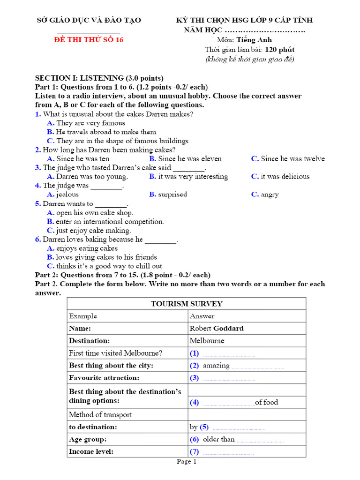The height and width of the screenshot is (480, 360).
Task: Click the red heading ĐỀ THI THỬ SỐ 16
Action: tap(89, 40)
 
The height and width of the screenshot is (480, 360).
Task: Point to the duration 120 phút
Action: tap(279, 49)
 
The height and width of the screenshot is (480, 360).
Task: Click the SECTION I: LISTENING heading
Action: tap(99, 78)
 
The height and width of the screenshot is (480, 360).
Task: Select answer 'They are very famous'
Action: tap(90, 123)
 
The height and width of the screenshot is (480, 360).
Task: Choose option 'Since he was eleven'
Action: tap(190, 158)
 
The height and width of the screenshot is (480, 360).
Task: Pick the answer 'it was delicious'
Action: tap(285, 176)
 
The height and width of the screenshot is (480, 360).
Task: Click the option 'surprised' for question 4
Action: tap(172, 194)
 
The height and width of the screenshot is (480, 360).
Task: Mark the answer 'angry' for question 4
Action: tap(270, 194)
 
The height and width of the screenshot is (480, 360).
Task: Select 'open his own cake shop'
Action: tap(94, 212)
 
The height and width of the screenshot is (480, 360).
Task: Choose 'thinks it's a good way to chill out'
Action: tap(109, 266)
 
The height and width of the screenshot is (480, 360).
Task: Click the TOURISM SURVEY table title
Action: tap(187, 304)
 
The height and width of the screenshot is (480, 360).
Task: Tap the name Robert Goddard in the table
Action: tap(217, 328)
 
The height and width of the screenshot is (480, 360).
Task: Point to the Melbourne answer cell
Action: tap(207, 341)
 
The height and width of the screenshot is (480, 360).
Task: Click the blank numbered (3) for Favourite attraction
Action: tap(228, 378)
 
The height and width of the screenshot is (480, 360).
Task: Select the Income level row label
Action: tap(91, 452)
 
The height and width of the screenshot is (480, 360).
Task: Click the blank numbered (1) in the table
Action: tap(228, 353)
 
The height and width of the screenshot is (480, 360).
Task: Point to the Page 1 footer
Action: tap(187, 462)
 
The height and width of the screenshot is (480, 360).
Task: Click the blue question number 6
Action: tap(38, 239)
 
